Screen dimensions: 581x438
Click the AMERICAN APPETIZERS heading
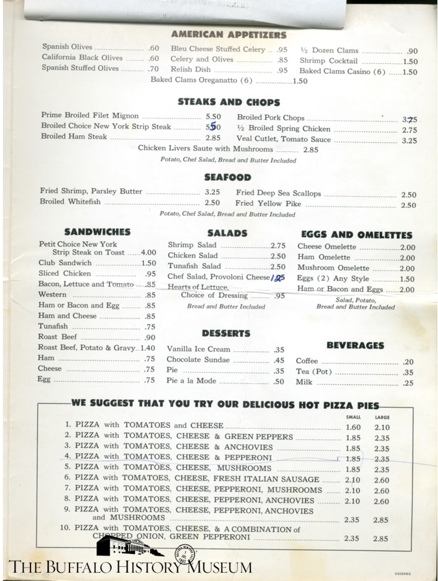point(229,35)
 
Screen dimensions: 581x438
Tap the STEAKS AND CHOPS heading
point(229,102)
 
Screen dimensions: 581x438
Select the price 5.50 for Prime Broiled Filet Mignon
point(213,117)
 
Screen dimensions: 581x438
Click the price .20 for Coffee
point(408,362)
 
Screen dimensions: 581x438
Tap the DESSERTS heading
point(226,333)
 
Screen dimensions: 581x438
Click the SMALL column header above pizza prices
point(353,417)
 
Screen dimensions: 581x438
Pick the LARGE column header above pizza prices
point(382,417)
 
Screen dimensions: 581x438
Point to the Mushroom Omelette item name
point(325,268)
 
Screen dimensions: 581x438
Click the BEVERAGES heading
point(355,346)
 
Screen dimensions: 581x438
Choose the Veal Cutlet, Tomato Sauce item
point(283,140)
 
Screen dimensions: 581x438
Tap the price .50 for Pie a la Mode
point(279,381)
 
